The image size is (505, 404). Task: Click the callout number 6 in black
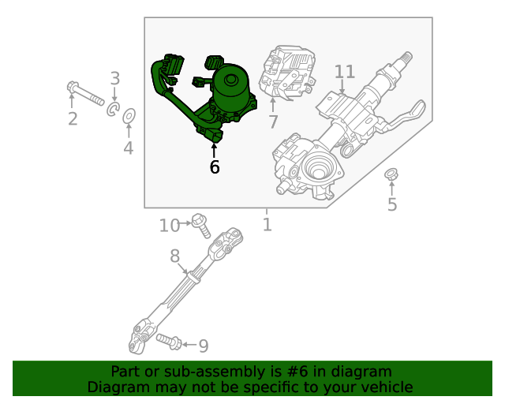215,167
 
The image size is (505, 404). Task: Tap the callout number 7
273,122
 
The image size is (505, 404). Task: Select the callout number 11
345,72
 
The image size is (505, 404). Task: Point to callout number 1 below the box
267,225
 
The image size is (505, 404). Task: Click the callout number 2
73,119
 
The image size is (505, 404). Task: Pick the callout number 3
115,78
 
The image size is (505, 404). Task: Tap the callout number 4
128,148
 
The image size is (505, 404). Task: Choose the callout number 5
392,205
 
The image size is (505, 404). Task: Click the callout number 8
174,256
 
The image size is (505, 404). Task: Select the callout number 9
203,346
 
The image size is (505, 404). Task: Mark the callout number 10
170,226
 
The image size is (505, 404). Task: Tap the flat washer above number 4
129,117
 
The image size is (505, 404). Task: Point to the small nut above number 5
390,174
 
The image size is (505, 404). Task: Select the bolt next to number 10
201,226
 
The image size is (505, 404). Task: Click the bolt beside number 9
170,341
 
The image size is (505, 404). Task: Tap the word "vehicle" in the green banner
386,387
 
